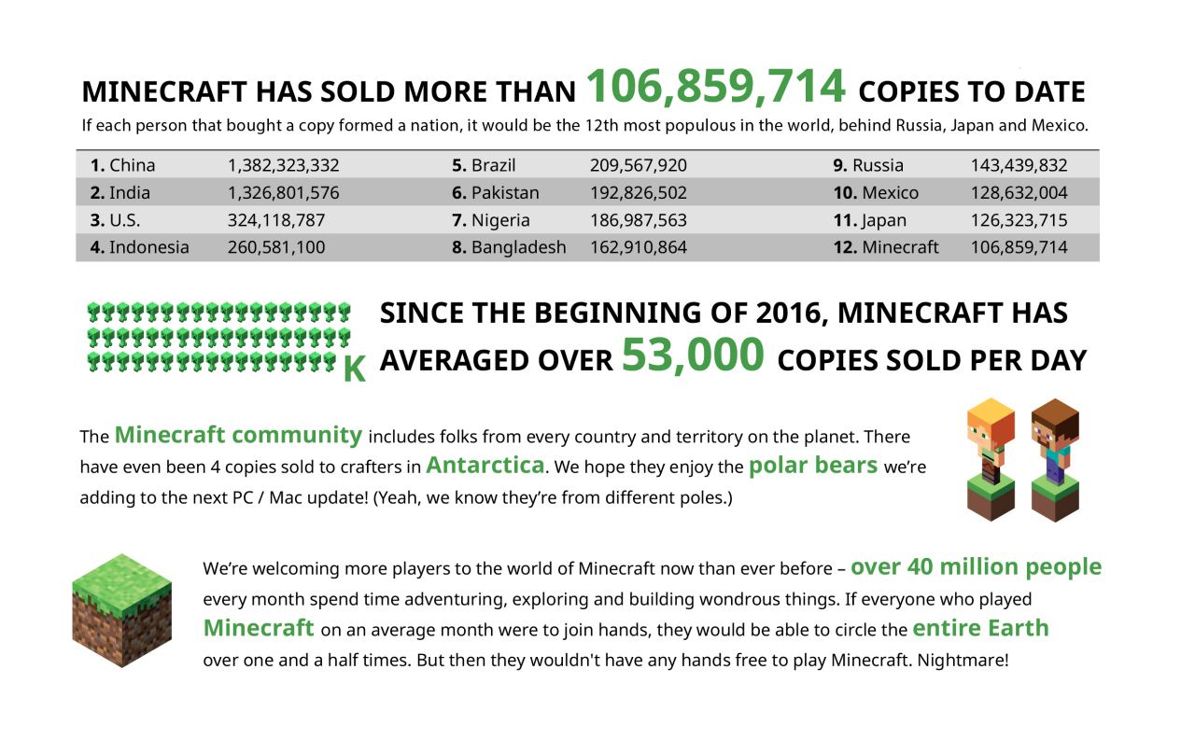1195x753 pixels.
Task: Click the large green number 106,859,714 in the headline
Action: pyautogui.click(x=715, y=88)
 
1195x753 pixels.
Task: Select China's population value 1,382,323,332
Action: pyautogui.click(x=283, y=166)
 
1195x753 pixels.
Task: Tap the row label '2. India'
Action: pyautogui.click(x=120, y=194)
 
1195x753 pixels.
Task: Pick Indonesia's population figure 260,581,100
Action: pyautogui.click(x=276, y=248)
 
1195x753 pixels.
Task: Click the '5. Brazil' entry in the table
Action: pyautogui.click(x=484, y=166)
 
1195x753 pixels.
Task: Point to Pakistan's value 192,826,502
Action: pyautogui.click(x=638, y=194)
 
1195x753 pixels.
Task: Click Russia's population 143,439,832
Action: pyautogui.click(x=1019, y=166)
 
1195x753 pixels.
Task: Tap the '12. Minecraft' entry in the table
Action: pyautogui.click(x=886, y=248)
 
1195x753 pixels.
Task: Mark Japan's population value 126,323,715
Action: pyautogui.click(x=1019, y=221)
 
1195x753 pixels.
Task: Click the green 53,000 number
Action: pyautogui.click(x=693, y=356)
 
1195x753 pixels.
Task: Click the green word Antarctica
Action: pyautogui.click(x=485, y=465)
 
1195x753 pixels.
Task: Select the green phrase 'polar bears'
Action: pyautogui.click(x=812, y=465)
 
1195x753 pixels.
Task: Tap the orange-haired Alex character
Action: pyautogui.click(x=991, y=457)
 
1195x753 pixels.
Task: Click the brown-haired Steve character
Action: pyautogui.click(x=1055, y=457)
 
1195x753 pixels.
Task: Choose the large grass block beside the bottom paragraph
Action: pyautogui.click(x=121, y=610)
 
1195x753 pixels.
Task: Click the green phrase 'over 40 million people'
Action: pyautogui.click(x=976, y=567)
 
